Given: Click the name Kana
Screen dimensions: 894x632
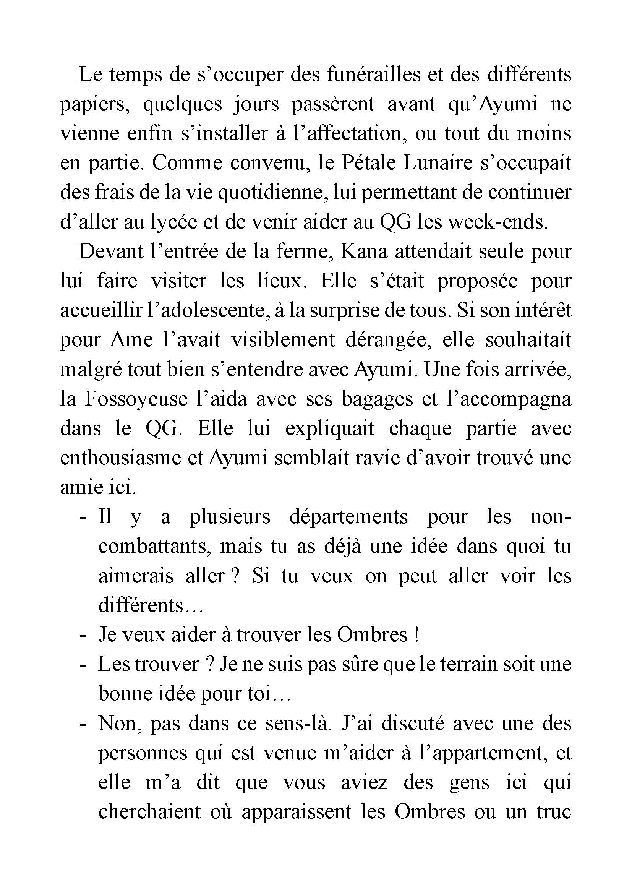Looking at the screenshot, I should point(364,252).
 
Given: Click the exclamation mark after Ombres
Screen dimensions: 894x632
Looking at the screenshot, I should point(416,635).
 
